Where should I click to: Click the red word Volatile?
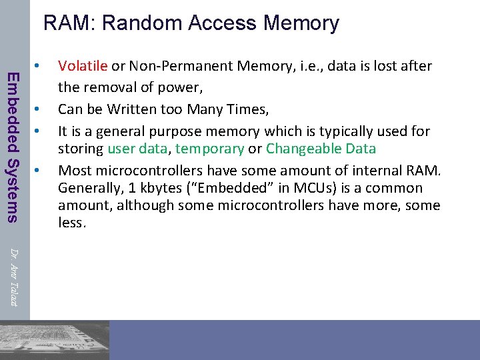[x=83, y=66]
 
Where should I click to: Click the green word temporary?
[x=210, y=148]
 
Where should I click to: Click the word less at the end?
[x=71, y=223]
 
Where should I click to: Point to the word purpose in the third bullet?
[x=229, y=131]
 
